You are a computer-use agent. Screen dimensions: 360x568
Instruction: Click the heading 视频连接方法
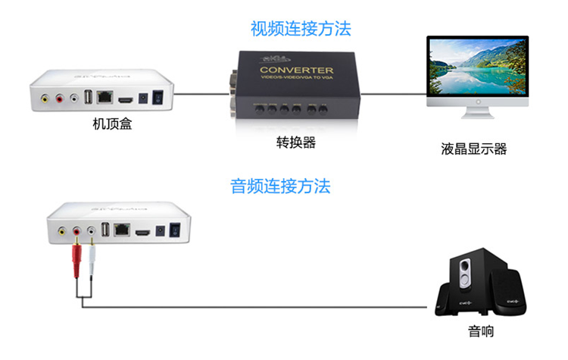[x=301, y=30]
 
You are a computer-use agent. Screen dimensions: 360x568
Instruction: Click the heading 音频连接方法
[x=280, y=186]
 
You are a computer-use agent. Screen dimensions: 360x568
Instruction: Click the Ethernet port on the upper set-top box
[x=106, y=98]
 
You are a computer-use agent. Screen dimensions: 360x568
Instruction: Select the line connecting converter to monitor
[x=386, y=95]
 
